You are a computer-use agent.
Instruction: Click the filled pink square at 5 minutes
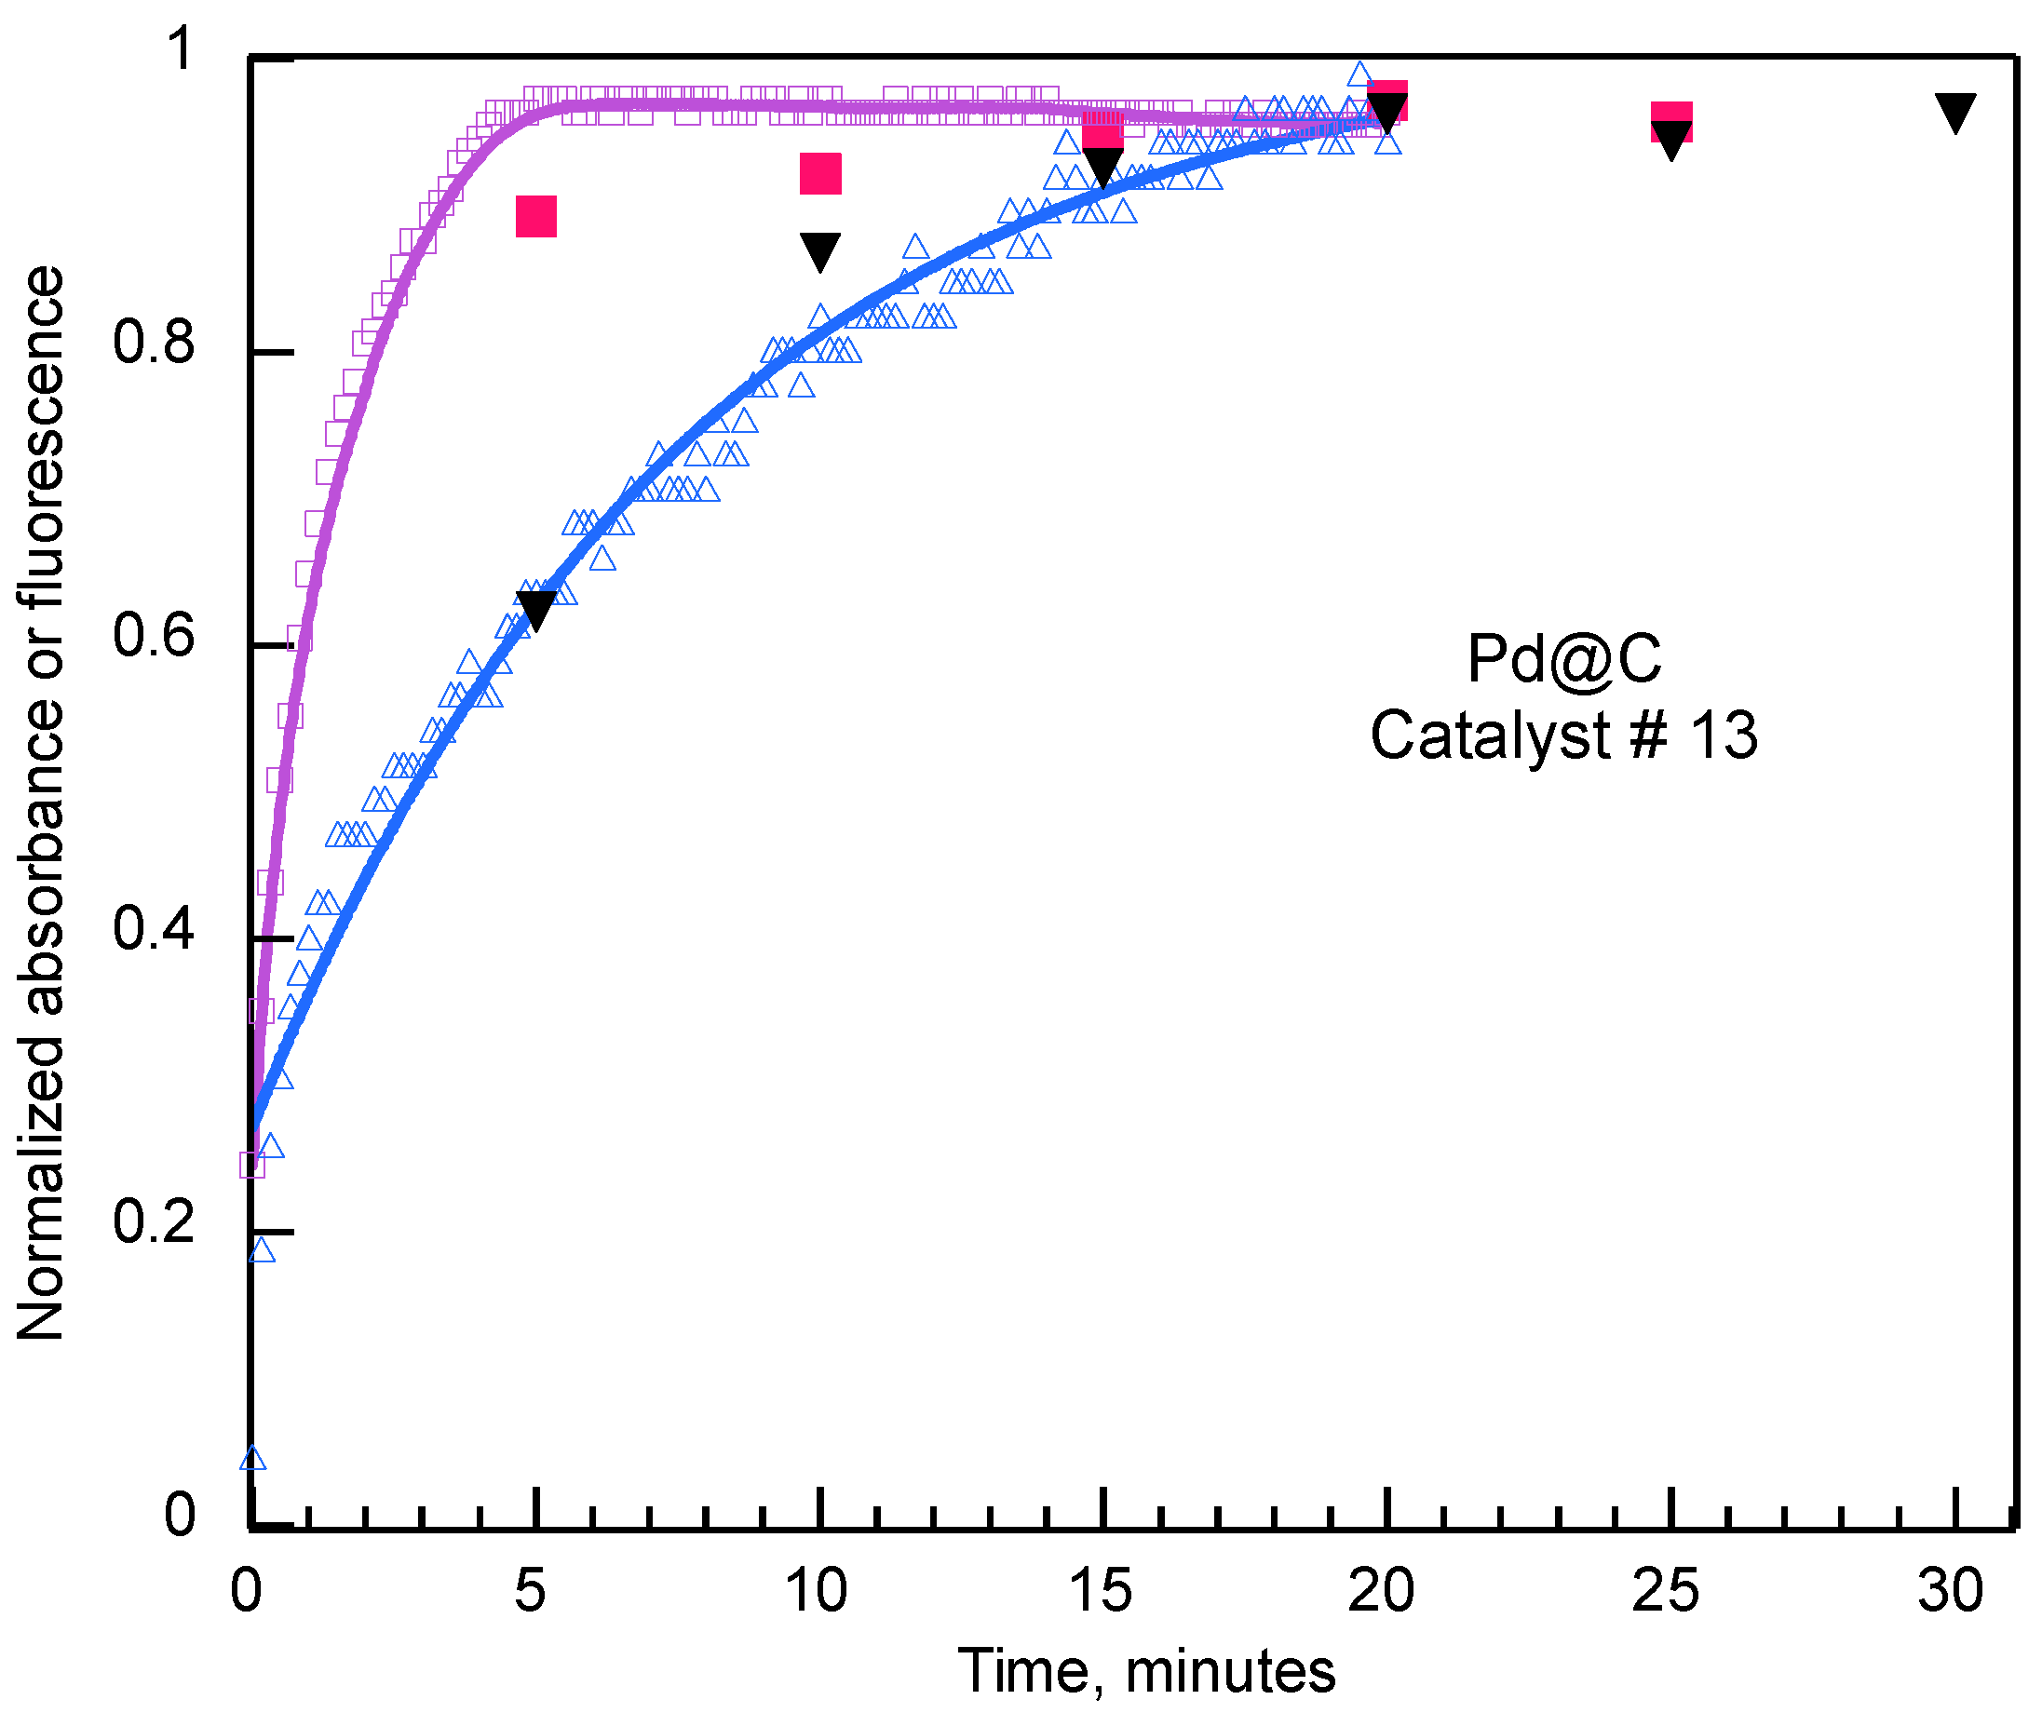pos(535,216)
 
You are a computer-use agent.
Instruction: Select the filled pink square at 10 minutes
pos(819,173)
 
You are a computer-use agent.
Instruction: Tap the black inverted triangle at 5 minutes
pos(535,608)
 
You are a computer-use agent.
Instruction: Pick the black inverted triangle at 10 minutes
pos(819,250)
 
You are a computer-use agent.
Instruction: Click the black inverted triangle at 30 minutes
pos(1955,112)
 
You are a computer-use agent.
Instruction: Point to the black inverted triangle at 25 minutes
pos(1670,139)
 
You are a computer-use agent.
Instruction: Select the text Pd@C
pos(1563,659)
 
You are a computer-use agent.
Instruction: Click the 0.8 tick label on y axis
pos(153,343)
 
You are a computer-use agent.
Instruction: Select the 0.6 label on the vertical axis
pos(153,635)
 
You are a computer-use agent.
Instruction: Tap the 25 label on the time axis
pos(1665,1591)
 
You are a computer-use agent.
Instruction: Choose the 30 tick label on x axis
pos(1950,1591)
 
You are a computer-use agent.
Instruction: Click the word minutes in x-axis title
pos(1230,1671)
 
